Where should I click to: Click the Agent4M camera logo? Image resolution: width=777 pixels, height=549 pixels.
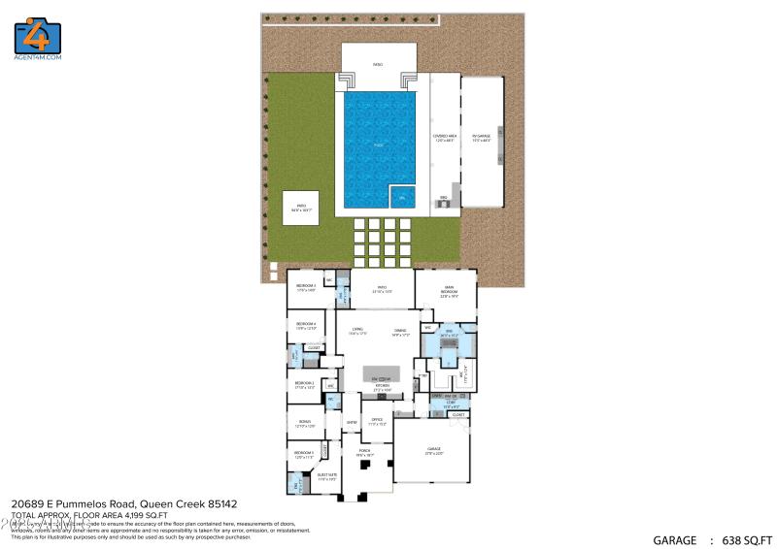tap(38, 36)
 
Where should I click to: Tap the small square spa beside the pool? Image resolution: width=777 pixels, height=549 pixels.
tap(402, 197)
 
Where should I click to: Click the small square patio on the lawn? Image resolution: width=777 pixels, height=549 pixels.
tap(300, 208)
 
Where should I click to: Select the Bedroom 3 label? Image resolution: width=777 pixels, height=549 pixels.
tap(306, 286)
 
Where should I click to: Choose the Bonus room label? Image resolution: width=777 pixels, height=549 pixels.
tap(305, 424)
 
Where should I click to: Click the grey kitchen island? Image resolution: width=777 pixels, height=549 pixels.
tap(382, 374)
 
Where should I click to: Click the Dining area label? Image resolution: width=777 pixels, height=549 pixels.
tap(399, 331)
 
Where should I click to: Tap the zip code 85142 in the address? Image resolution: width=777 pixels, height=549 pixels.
tap(219, 504)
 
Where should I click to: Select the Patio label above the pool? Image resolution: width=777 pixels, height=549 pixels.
tap(378, 65)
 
